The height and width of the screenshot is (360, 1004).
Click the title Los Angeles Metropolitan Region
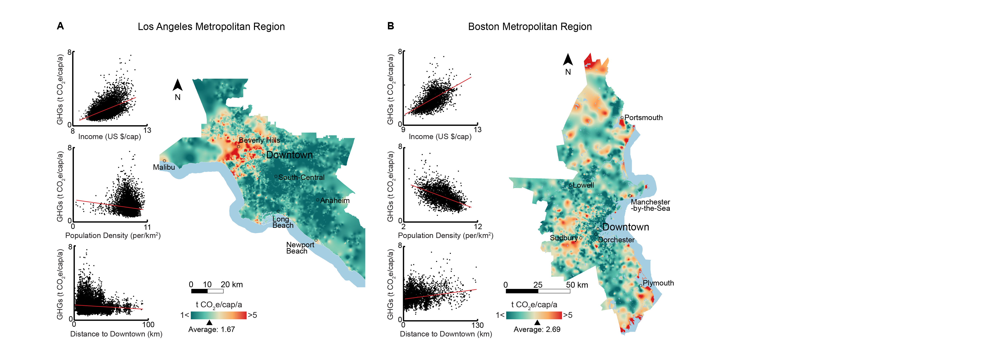[211, 27]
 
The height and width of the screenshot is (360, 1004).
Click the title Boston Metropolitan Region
[530, 27]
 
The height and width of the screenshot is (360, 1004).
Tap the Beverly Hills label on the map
[259, 140]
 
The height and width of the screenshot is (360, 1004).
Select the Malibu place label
[164, 167]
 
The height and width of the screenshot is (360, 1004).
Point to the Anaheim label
[335, 200]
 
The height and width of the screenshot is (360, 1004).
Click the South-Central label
[301, 177]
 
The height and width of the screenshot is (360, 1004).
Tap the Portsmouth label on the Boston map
[643, 118]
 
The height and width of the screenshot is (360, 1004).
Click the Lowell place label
[584, 185]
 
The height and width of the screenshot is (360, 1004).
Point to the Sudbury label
[564, 238]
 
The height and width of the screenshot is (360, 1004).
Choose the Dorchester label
[616, 240]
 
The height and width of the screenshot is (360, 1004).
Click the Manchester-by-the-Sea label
[651, 205]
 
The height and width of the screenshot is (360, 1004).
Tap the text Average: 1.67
[212, 329]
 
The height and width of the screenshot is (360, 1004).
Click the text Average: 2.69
[537, 329]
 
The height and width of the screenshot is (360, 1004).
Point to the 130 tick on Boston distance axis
[477, 325]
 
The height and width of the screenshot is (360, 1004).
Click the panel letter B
[391, 26]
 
